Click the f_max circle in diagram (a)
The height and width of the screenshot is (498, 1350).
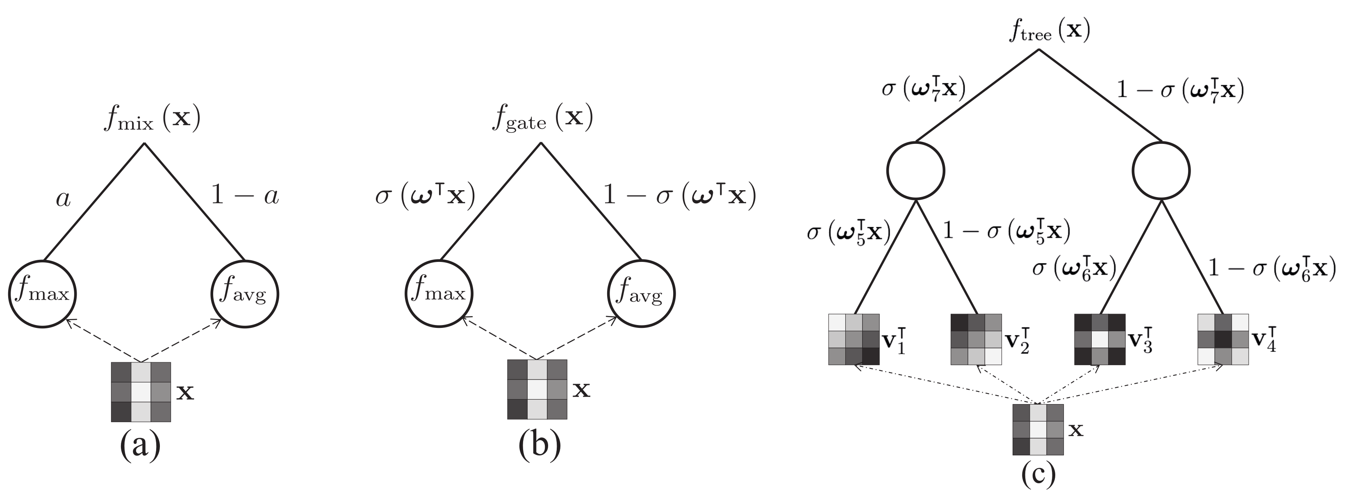(x=43, y=294)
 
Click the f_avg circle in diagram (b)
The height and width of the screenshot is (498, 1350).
(x=641, y=294)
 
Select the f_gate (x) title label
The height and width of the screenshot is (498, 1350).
(x=542, y=118)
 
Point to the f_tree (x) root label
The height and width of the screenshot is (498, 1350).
(x=1049, y=32)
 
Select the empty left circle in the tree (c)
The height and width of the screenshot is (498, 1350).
(x=915, y=171)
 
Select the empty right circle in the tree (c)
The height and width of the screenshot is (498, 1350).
(x=1161, y=171)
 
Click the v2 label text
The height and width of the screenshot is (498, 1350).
(x=1017, y=341)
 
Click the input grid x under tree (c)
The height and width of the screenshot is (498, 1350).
(x=1038, y=429)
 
